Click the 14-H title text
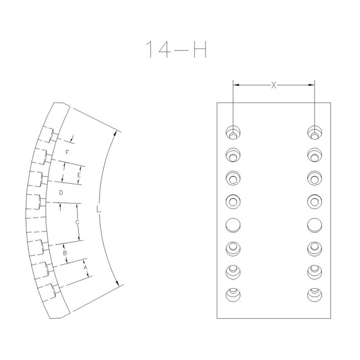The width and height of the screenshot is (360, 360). (176, 49)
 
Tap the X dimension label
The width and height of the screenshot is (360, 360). (274, 85)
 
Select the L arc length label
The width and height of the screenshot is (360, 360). (99, 209)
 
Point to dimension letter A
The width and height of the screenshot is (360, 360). (85, 267)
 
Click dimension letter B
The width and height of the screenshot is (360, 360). (65, 253)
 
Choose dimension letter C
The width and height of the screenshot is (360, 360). (77, 222)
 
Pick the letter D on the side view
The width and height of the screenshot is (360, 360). (61, 193)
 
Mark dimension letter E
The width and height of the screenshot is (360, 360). (79, 175)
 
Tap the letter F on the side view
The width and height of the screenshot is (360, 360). (67, 152)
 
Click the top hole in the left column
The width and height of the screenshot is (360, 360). (233, 133)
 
